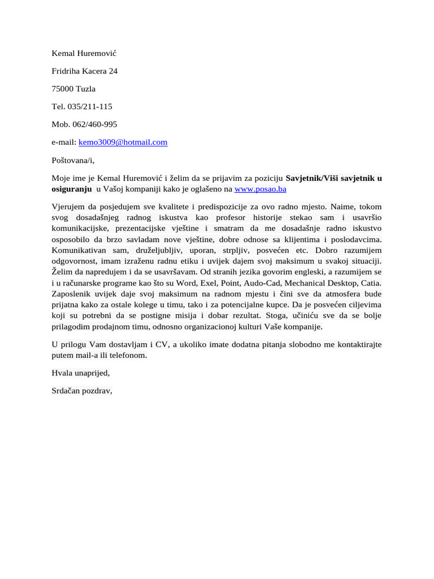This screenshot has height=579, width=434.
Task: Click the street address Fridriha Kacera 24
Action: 84,71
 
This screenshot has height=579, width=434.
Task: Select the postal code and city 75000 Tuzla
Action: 73,89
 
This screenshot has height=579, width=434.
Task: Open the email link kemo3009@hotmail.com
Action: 123,142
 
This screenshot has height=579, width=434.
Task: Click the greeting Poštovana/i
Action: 73,161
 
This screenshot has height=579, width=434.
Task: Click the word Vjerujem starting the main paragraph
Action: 70,207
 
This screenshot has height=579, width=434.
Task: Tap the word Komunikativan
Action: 80,250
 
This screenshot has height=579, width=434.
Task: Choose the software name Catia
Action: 371,282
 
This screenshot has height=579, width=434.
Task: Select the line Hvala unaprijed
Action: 80,373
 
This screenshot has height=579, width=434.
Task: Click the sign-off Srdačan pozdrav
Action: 82,391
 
